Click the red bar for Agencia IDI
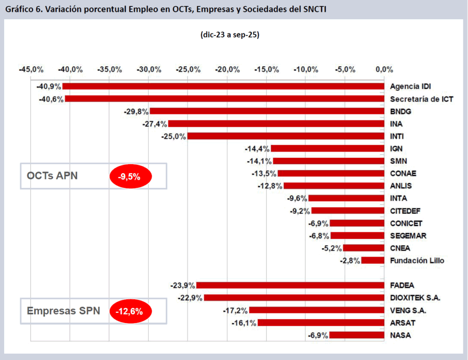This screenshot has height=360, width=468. tap(223, 86)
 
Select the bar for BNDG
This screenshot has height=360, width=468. tap(267, 111)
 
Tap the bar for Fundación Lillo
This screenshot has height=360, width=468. tap(372, 261)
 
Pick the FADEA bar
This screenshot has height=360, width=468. tap(290, 285)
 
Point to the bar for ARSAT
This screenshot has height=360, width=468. tap(320, 323)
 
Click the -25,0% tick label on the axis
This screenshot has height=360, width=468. tap(188, 70)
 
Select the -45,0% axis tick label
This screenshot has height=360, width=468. tap(31, 70)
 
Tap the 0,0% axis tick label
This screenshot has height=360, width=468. tap(384, 70)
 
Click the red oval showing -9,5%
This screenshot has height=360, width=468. tap(130, 176)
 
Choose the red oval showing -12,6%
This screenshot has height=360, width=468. tap(130, 312)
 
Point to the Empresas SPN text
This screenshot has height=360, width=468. tap(60, 311)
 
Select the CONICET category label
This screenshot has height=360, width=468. tap(406, 223)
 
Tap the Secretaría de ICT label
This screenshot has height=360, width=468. tap(421, 99)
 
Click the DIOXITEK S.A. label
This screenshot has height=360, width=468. tap(415, 298)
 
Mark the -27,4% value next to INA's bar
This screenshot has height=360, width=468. tap(155, 124)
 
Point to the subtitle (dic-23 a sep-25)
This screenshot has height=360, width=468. tap(230, 35)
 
